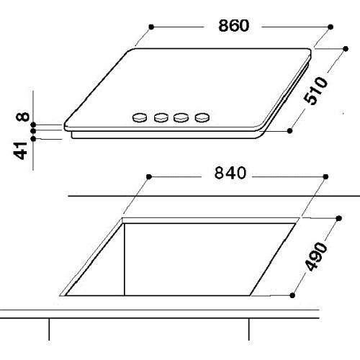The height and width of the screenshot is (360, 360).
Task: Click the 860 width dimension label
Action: (x=234, y=25)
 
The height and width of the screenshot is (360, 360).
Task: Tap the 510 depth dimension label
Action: (x=315, y=91)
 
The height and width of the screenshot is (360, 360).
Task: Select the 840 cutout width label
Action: (x=230, y=173)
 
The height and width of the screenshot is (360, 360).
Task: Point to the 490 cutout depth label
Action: (x=316, y=257)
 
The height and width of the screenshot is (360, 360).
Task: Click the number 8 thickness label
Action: (x=22, y=117)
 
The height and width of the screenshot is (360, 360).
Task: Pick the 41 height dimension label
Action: (x=20, y=150)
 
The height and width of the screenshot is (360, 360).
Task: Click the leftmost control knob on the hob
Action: (x=140, y=117)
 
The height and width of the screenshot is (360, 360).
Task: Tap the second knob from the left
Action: (x=161, y=117)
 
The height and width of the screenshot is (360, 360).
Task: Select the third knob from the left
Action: (x=181, y=117)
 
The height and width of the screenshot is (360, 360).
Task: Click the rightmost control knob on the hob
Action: (x=202, y=117)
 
